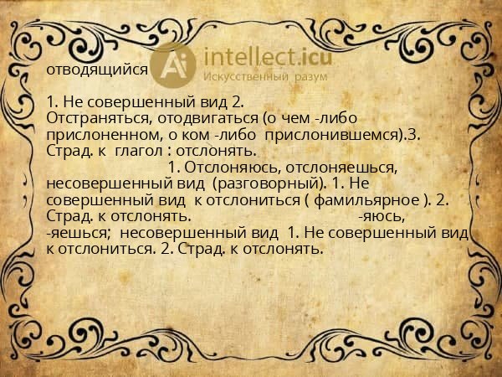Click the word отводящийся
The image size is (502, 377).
pos(98,70)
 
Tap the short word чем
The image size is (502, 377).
pos(287,119)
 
